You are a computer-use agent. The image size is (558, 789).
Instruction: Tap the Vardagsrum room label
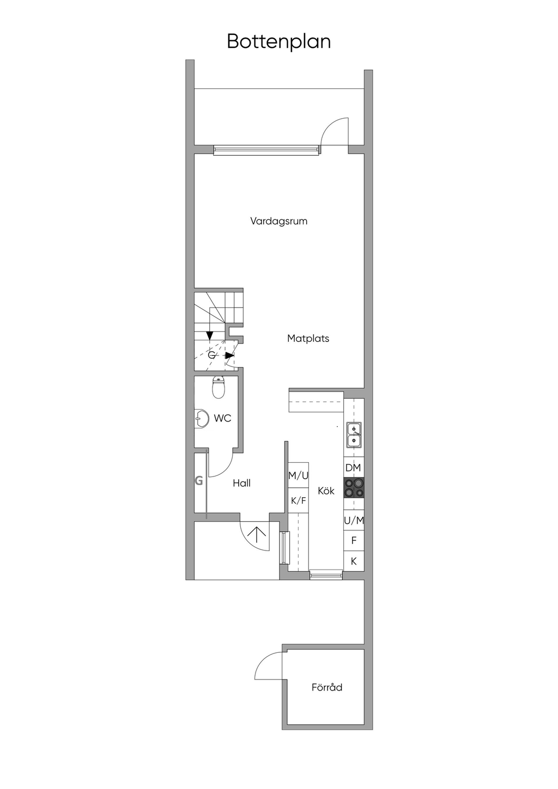(279, 221)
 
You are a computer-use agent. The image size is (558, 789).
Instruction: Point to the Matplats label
(308, 339)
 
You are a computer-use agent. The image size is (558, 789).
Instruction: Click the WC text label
(223, 418)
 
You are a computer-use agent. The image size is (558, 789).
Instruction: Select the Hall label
(241, 483)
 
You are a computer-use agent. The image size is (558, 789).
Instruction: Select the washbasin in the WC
(201, 419)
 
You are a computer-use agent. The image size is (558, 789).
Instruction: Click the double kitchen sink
(354, 435)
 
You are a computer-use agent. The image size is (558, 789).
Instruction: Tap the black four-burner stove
(354, 487)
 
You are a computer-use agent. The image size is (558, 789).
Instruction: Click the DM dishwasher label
(353, 468)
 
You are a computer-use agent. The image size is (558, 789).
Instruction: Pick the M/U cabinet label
(298, 475)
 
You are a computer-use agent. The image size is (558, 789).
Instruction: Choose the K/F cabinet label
(298, 500)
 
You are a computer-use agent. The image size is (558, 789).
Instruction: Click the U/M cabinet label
(354, 520)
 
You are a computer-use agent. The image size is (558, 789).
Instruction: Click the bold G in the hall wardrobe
(199, 480)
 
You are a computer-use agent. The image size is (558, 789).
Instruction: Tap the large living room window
(267, 150)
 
